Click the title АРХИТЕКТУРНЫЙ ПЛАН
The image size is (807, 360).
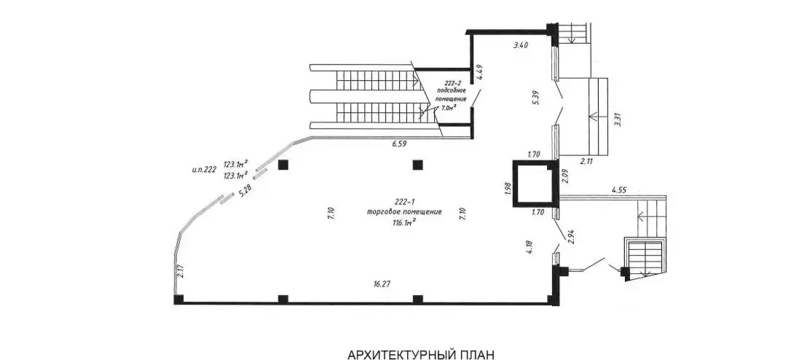(421, 354)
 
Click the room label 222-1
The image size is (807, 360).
(405, 201)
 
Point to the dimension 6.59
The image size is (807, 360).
(398, 144)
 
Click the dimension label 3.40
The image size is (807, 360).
(520, 46)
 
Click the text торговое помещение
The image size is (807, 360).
(404, 212)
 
